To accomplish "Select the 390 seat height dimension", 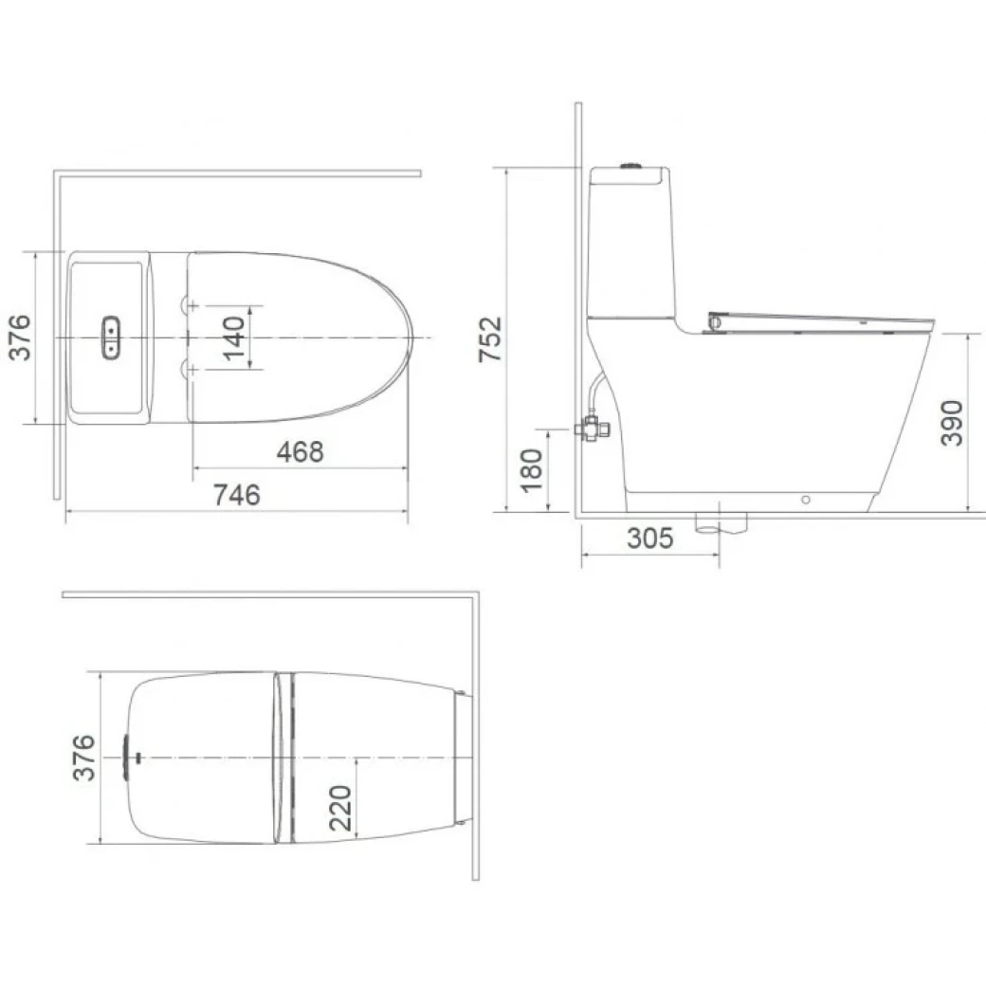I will (952, 422).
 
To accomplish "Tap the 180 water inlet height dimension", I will (532, 470).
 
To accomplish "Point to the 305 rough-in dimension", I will (649, 539).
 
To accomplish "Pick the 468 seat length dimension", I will (300, 452).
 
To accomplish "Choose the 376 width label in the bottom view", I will (84, 757).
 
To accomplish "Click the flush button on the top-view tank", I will (112, 337).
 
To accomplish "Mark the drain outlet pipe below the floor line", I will (721, 521).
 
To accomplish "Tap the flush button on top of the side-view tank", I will (630, 167).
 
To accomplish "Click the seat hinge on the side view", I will (714, 323).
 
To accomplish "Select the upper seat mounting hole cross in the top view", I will (193, 305).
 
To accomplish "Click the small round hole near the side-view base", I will (807, 499).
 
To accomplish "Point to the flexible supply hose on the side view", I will (594, 391).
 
